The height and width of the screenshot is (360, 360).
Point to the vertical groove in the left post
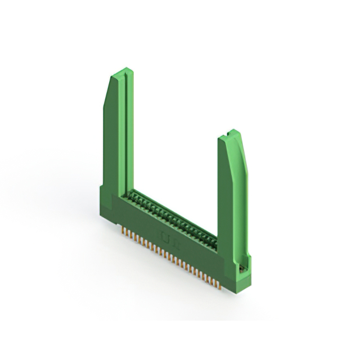pyautogui.click(x=129, y=129)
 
